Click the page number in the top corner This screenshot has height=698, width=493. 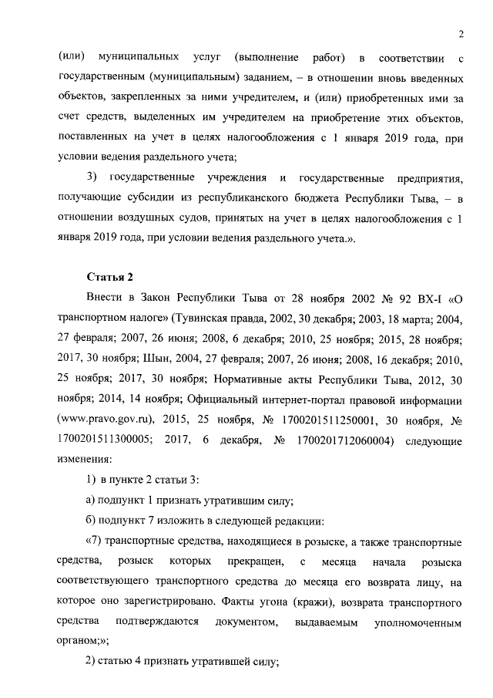click(x=459, y=33)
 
